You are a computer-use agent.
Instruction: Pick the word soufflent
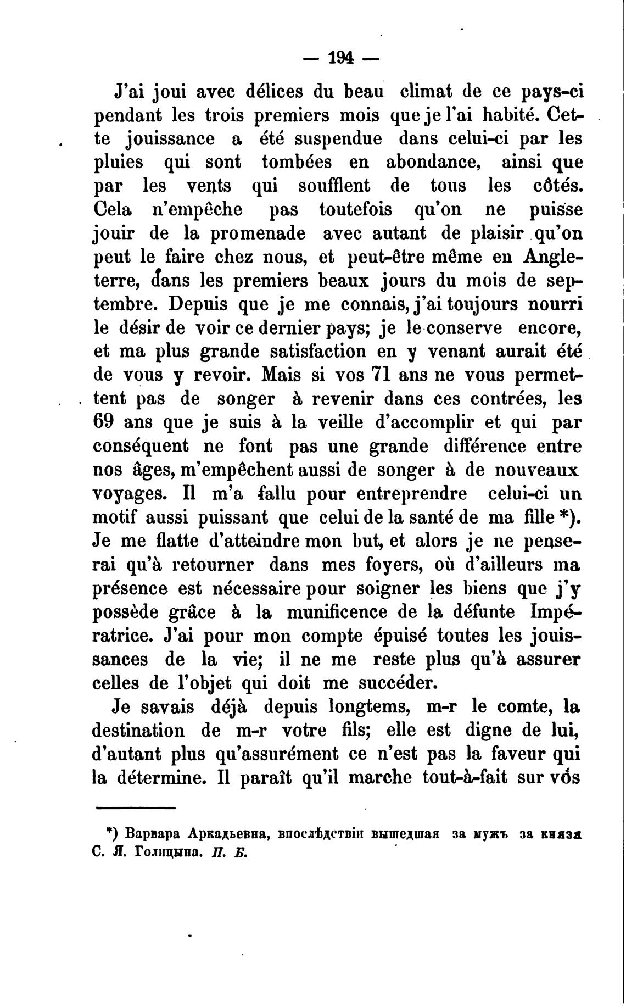coord(334,186)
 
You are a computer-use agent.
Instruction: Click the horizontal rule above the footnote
coord(136,807)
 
